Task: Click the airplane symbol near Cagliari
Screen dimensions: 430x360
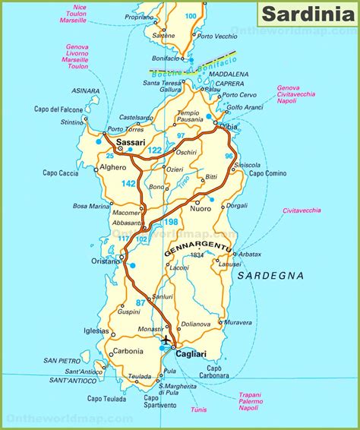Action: [x=166, y=339]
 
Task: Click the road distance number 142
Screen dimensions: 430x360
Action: [x=128, y=184]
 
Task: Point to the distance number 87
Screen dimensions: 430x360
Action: [x=141, y=303]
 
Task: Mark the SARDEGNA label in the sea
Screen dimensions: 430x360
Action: [x=270, y=275]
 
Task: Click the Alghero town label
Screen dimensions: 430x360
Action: [x=113, y=166]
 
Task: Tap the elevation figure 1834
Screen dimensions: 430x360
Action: [x=198, y=255]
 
